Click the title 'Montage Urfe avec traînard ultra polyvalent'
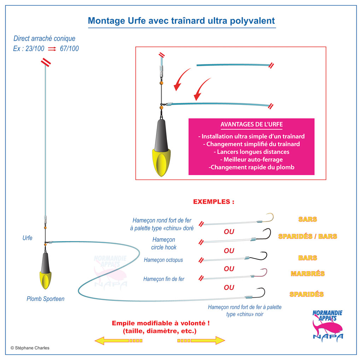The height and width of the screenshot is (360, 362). click(x=181, y=21)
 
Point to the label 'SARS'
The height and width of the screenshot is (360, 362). click(x=308, y=219)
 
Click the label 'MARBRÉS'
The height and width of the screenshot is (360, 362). click(x=308, y=274)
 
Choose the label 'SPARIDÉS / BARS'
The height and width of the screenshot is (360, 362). click(x=308, y=236)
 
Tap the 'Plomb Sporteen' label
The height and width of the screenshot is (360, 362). click(x=46, y=299)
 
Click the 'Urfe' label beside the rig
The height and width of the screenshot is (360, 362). click(x=27, y=238)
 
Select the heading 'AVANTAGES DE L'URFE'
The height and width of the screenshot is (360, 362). click(x=251, y=125)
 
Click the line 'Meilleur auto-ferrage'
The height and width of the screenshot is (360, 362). click(x=251, y=160)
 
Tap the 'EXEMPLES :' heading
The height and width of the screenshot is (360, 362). click(x=214, y=202)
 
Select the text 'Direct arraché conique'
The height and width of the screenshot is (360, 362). click(x=44, y=39)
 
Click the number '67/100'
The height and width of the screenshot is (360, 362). click(x=69, y=48)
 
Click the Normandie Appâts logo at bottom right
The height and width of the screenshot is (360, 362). click(x=327, y=324)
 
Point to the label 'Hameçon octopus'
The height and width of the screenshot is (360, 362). click(x=163, y=260)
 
